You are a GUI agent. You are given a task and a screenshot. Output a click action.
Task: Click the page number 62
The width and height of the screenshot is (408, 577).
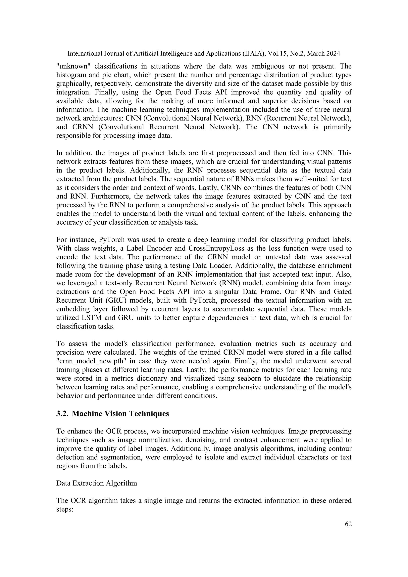click(x=348, y=524)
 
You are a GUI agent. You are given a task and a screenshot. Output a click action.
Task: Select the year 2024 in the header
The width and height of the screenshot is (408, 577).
click(x=333, y=54)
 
